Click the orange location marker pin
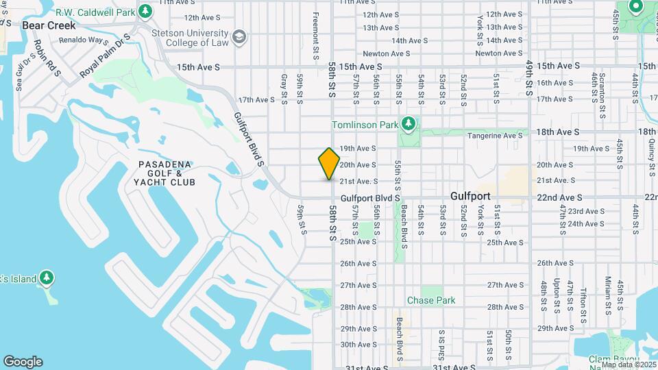click(x=329, y=163)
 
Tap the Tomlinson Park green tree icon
click(x=409, y=123)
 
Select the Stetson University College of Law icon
click(x=239, y=36)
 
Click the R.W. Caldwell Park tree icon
click(x=145, y=12)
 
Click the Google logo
click(x=23, y=362)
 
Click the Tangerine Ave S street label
click(x=496, y=136)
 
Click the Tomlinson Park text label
click(x=365, y=125)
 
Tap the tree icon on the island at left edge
click(x=47, y=278)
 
